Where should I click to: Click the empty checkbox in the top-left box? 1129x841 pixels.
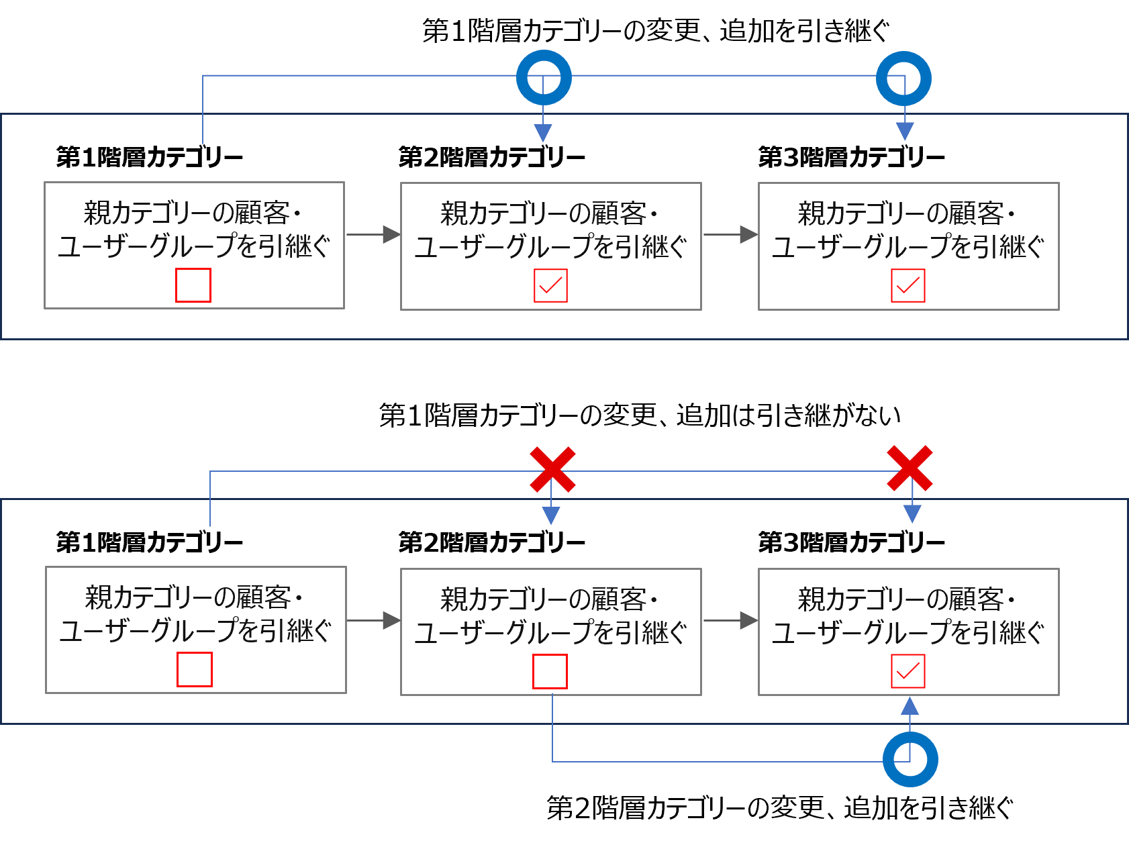click(193, 285)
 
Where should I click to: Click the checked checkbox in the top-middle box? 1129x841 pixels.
click(550, 286)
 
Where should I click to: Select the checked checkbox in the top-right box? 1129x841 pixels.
click(907, 286)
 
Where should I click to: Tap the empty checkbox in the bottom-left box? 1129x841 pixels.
click(195, 670)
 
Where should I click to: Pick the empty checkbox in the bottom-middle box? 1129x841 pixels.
click(550, 672)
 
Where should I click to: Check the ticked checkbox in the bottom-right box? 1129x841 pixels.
click(907, 671)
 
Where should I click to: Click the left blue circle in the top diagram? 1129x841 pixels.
click(544, 78)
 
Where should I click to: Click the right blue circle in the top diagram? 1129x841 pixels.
click(903, 79)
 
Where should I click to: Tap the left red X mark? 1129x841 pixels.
click(552, 470)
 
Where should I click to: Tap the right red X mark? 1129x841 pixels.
click(910, 468)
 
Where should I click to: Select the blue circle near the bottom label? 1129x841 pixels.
click(910, 759)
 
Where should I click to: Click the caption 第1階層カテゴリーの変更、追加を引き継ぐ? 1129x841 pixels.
click(656, 32)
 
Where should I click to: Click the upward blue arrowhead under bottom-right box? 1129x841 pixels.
click(910, 705)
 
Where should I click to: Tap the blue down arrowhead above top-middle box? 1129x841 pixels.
click(543, 133)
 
